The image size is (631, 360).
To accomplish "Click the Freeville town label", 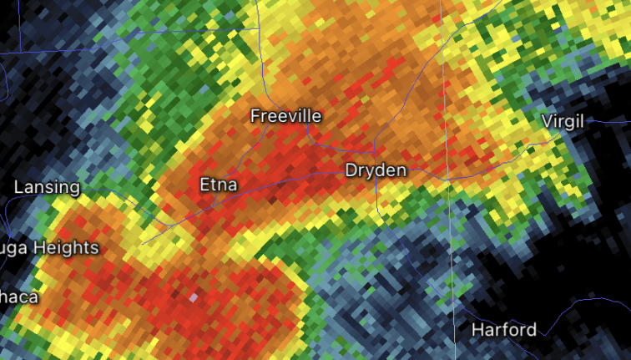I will click(x=285, y=116).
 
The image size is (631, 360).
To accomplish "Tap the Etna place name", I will click(x=219, y=185).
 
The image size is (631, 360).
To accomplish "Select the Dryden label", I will click(x=376, y=170).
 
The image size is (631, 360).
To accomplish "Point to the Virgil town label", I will click(x=563, y=120).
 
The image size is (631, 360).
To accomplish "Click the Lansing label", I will click(x=47, y=187).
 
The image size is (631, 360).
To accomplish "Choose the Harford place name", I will click(x=504, y=329).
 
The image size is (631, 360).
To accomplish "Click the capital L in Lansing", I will click(x=18, y=187).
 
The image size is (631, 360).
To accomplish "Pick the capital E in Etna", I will click(x=204, y=185).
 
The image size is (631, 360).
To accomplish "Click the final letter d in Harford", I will click(x=531, y=329).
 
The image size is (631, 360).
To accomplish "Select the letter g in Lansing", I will click(x=74, y=190).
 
